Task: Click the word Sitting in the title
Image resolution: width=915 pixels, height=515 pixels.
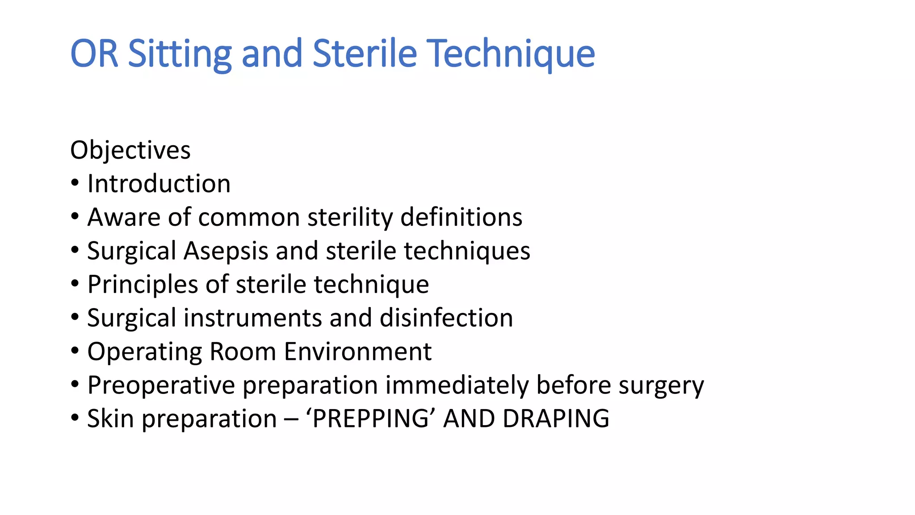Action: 180,54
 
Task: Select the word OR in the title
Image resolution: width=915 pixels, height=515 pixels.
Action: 94,54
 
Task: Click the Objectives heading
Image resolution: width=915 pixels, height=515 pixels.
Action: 130,150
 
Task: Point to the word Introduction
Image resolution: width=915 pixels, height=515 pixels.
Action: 159,184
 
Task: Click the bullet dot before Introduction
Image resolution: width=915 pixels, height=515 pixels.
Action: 75,183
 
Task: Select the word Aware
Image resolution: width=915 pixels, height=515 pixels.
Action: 124,217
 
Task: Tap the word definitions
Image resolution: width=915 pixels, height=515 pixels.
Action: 461,217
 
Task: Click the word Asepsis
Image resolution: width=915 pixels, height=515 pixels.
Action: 226,251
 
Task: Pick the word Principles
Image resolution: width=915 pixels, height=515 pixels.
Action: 143,285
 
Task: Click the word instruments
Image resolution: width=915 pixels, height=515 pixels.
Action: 252,318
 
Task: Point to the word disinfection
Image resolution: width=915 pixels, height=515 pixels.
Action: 446,318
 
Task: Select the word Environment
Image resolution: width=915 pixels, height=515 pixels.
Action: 357,352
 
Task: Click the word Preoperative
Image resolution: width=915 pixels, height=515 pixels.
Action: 161,385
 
